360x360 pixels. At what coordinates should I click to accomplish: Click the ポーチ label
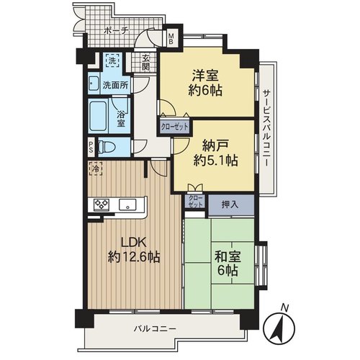click(117, 30)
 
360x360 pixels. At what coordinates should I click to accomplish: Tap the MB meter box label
click(171, 39)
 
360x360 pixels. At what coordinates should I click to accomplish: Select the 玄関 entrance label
click(145, 63)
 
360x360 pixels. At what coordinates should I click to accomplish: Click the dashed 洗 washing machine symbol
click(112, 60)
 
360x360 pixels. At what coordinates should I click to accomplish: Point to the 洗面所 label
click(115, 85)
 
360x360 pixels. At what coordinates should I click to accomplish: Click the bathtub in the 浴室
click(98, 116)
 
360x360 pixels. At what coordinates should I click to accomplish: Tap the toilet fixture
click(107, 147)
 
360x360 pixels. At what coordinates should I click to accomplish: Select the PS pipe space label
click(91, 147)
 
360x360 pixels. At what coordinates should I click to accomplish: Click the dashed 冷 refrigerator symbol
click(96, 168)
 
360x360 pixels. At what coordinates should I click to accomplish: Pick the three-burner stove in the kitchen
click(102, 204)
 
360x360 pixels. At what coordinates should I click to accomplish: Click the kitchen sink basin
click(128, 205)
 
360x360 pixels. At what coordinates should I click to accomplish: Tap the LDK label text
click(134, 243)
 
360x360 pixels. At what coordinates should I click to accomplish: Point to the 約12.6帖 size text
click(134, 257)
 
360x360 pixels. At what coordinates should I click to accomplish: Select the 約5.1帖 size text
click(216, 160)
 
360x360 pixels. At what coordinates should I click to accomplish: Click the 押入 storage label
click(230, 204)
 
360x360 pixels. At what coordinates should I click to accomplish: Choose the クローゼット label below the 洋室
click(174, 127)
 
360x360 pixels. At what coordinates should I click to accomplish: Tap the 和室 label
click(228, 257)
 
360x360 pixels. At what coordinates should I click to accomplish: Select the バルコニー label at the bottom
click(155, 328)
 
